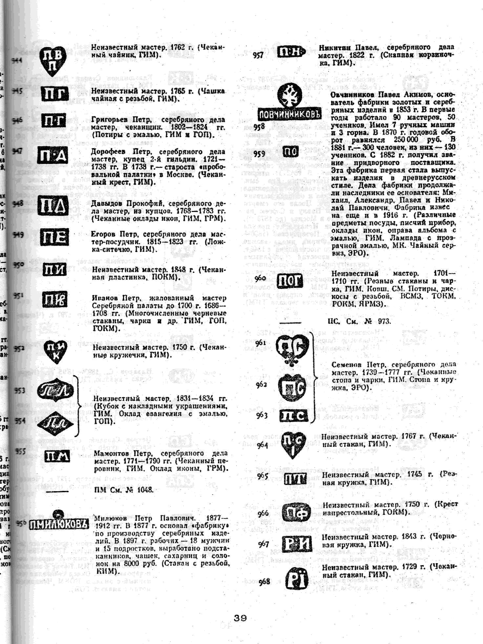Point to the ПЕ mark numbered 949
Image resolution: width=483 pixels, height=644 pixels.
(54, 237)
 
